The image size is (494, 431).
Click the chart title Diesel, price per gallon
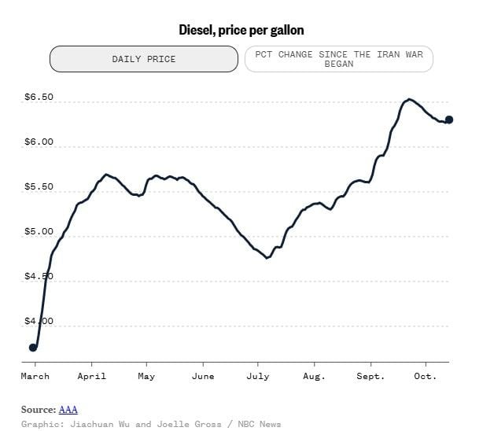[241, 30]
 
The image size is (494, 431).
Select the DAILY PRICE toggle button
[144, 59]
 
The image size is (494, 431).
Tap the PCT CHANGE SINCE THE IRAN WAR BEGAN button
[339, 59]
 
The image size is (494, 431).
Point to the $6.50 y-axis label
[39, 97]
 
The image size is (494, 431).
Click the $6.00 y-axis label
[39, 142]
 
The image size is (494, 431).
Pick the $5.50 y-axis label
[39, 186]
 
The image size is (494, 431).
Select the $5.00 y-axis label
[39, 231]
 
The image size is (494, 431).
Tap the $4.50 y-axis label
[39, 276]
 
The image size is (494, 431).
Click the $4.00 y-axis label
[39, 321]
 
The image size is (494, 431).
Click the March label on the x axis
[35, 376]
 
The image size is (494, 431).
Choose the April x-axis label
[92, 376]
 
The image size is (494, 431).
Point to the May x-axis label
[146, 376]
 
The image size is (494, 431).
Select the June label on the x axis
[203, 376]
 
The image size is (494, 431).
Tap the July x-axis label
[258, 376]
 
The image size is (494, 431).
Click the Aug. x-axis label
[314, 376]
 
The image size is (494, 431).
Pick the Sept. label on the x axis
[370, 376]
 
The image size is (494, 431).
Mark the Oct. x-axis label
[426, 376]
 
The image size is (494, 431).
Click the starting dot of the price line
[33, 348]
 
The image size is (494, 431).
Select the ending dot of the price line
[449, 120]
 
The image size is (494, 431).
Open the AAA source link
[68, 410]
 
